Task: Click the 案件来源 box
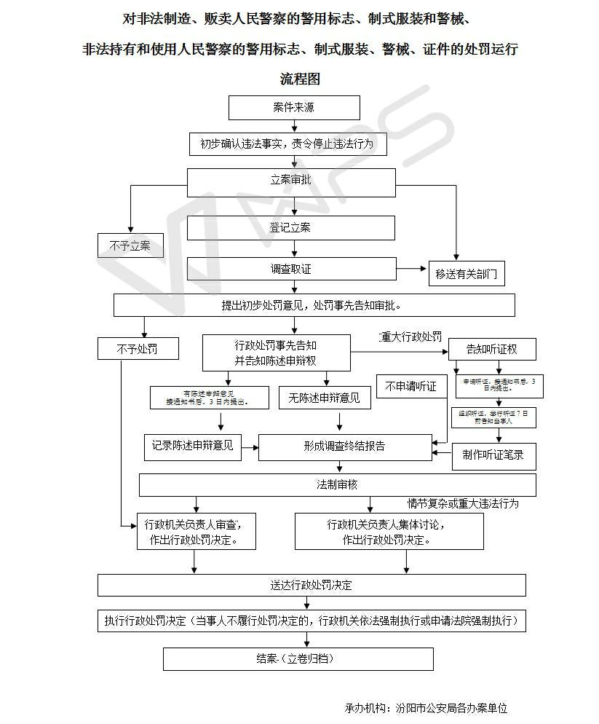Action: click(x=294, y=108)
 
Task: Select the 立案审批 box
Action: click(x=291, y=181)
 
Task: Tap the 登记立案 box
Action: click(x=291, y=228)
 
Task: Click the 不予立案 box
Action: click(x=130, y=246)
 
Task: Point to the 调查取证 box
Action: click(x=291, y=269)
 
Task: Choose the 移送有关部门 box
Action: click(x=466, y=274)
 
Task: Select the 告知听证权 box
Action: click(x=492, y=350)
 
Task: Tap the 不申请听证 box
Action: click(x=411, y=387)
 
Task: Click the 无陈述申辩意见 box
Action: click(x=324, y=398)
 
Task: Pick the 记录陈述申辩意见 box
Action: click(x=193, y=446)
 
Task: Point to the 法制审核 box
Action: click(x=337, y=484)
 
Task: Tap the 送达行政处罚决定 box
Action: click(x=312, y=585)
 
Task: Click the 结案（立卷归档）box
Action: click(x=298, y=658)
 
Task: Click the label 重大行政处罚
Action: click(x=410, y=337)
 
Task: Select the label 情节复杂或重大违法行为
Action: click(x=463, y=503)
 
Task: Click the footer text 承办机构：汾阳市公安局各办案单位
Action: click(x=426, y=707)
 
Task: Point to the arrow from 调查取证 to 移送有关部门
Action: click(x=412, y=269)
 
